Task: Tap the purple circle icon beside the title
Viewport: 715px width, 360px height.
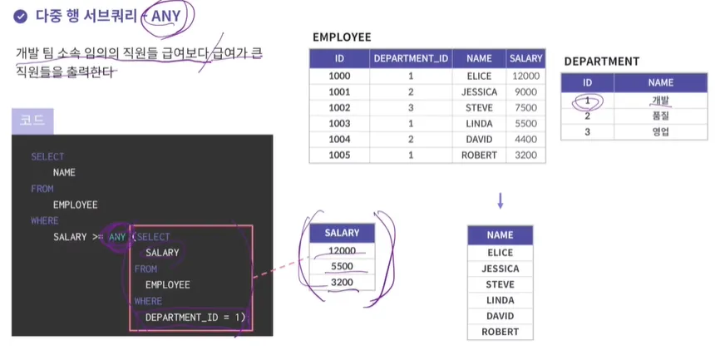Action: (20, 15)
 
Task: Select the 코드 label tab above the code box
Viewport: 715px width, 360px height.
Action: (32, 121)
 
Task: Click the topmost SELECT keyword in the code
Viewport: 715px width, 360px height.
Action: (47, 156)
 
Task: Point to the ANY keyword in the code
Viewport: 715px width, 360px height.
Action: (117, 237)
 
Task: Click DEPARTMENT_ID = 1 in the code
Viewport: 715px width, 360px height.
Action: (195, 317)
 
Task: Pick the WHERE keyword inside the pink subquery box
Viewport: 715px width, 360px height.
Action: (149, 301)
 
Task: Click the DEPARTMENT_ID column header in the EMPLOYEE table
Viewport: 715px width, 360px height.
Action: (411, 59)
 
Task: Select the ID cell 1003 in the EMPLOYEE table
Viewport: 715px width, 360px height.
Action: (339, 123)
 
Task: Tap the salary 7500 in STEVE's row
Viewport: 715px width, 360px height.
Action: (525, 107)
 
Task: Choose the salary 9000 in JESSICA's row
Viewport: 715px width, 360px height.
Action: (525, 91)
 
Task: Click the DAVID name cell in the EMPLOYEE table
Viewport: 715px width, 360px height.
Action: (479, 139)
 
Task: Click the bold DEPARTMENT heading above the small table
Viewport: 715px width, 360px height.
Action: (601, 62)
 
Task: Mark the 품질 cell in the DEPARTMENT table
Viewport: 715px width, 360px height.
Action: (660, 116)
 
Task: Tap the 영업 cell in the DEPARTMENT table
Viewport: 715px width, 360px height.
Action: (660, 131)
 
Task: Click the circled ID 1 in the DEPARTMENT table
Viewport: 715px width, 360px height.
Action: (587, 100)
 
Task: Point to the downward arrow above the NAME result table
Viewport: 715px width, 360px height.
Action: (500, 200)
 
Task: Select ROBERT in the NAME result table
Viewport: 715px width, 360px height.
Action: (500, 332)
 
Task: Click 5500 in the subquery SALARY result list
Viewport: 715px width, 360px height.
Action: (342, 266)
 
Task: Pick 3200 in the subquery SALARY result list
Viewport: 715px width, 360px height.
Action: (342, 282)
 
